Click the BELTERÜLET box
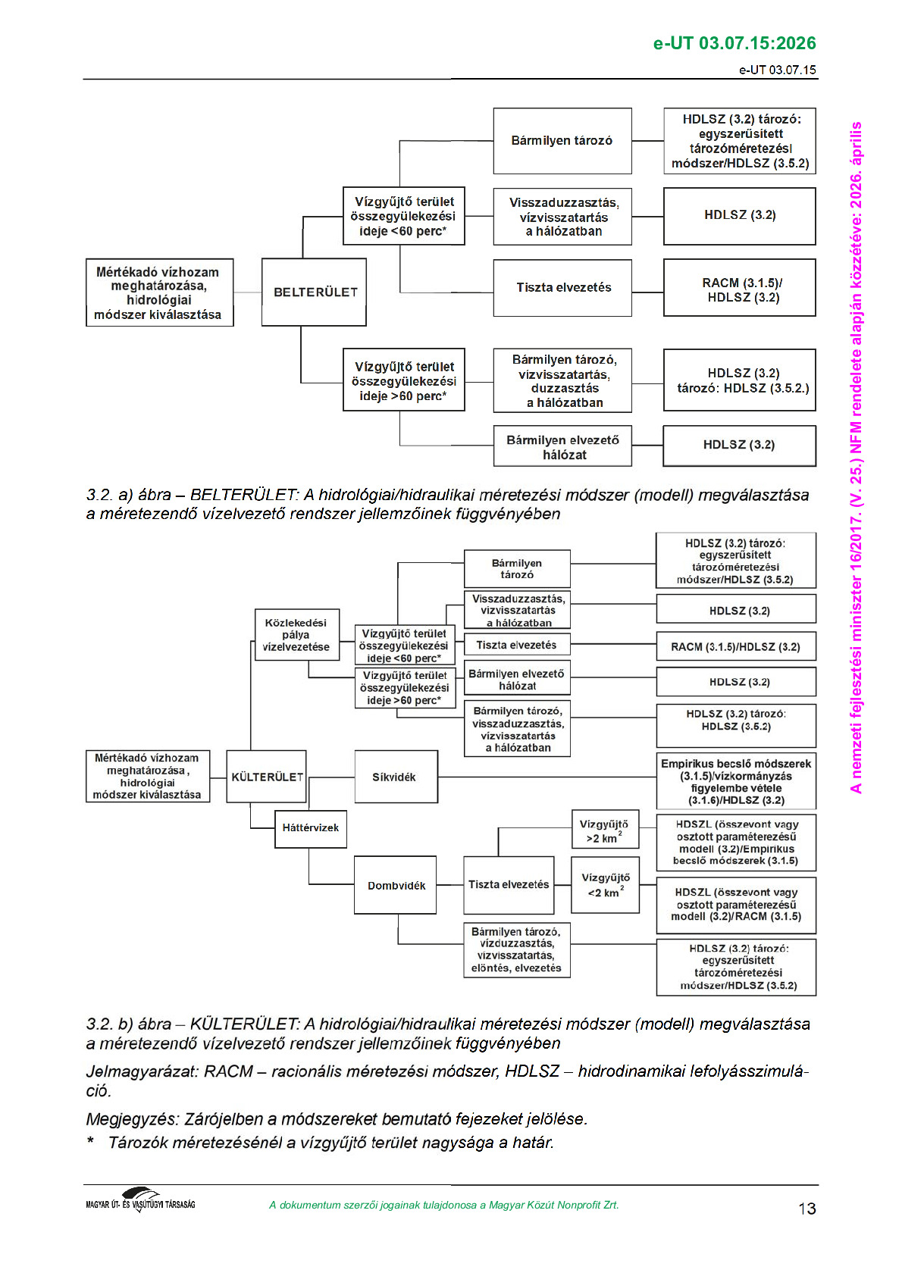[314, 292]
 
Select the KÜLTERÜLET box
[268, 777]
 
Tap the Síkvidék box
[396, 777]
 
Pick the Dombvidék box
[396, 885]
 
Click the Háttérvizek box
[310, 827]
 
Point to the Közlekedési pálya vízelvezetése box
[296, 635]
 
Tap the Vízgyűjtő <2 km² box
[605, 885]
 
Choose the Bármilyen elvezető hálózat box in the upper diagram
[562, 448]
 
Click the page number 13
[806, 1209]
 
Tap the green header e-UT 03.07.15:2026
[734, 43]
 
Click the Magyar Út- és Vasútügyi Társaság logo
[141, 1200]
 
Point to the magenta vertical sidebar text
[856, 455]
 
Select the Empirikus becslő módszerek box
[736, 781]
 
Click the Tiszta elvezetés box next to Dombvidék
[509, 885]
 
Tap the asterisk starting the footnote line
[91, 1142]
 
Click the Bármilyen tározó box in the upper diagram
[562, 141]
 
